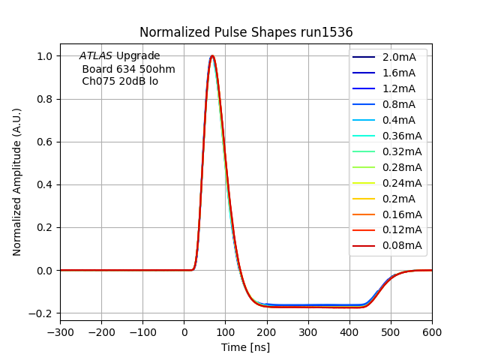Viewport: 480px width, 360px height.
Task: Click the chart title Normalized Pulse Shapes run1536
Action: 246,32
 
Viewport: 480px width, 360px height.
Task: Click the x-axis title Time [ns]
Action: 245,347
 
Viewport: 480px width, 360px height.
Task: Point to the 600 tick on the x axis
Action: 432,329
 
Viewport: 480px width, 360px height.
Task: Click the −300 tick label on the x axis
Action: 60,329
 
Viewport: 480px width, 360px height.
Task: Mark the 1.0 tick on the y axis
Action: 44,56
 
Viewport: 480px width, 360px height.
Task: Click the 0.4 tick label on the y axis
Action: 44,184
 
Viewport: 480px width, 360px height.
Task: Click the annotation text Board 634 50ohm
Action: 128,69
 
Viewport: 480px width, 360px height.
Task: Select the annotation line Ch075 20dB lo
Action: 120,81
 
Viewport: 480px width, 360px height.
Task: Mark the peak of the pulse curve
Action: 212,55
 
